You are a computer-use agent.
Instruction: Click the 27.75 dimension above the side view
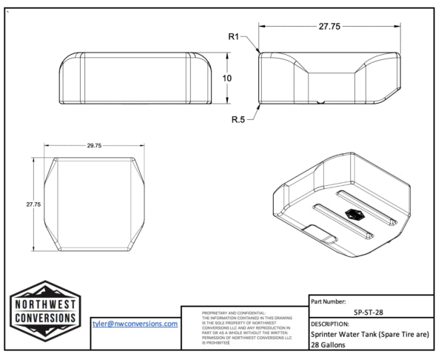tap(329, 27)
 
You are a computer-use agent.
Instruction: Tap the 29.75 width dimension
tap(93, 146)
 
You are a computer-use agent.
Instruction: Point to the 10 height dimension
tap(229, 78)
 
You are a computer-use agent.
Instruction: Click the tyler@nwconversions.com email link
tap(135, 324)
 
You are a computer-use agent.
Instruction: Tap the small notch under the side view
tap(318, 102)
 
